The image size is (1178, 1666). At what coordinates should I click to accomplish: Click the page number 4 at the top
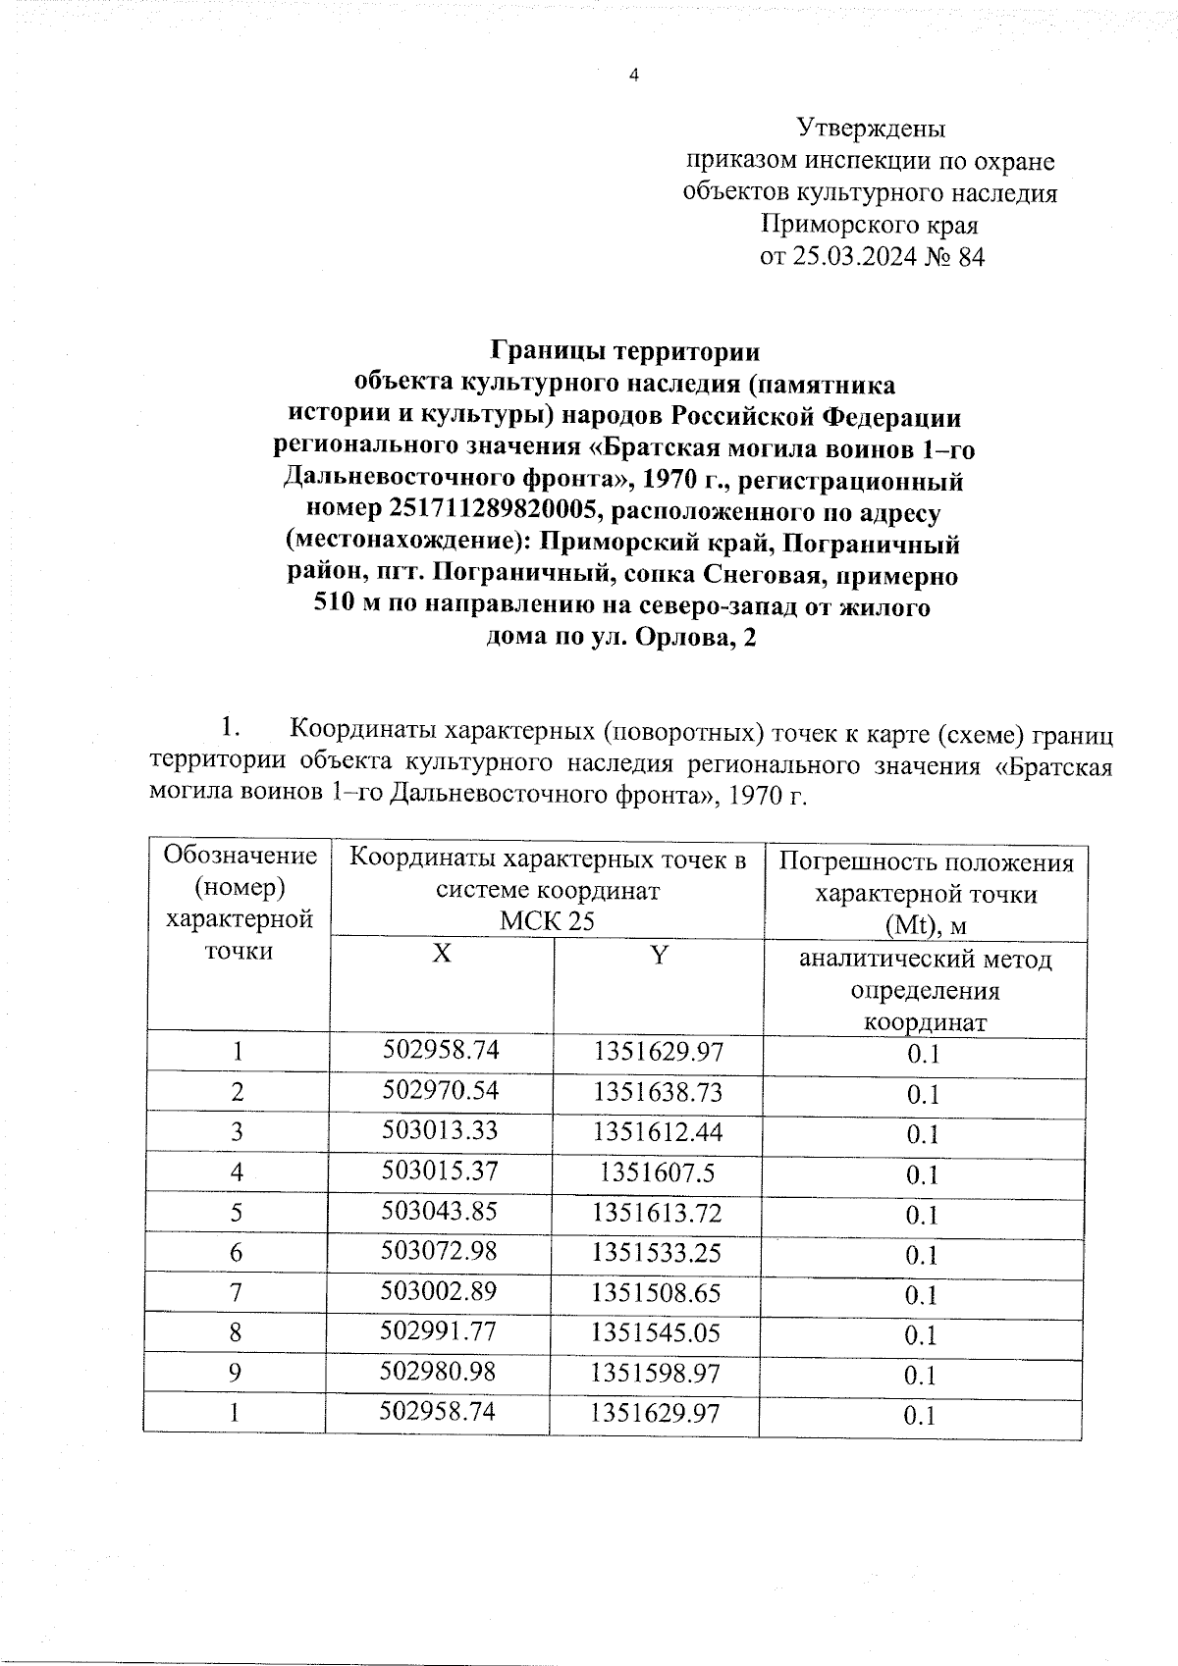(633, 77)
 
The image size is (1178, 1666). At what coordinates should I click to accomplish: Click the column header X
(442, 955)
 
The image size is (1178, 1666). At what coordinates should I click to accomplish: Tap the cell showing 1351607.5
(658, 1172)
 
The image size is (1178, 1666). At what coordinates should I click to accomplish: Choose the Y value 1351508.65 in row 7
(658, 1293)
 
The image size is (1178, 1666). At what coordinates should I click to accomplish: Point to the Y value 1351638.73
(658, 1092)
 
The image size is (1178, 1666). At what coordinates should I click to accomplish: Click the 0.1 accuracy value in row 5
(923, 1216)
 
